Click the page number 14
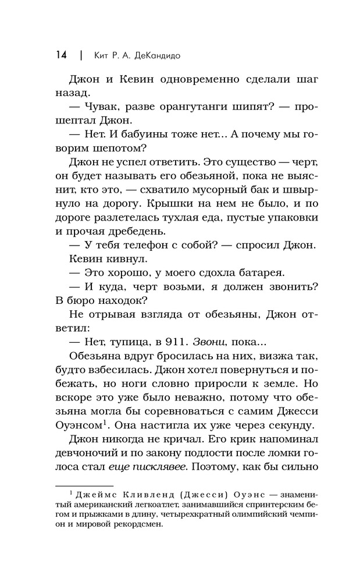point(61,55)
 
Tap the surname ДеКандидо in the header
point(159,55)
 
